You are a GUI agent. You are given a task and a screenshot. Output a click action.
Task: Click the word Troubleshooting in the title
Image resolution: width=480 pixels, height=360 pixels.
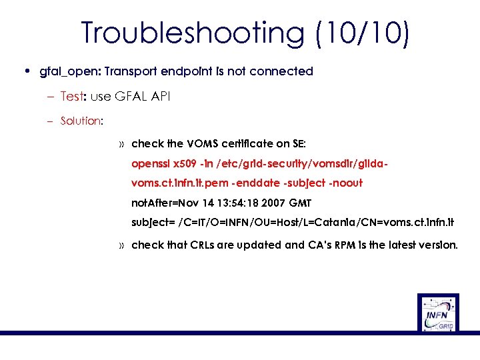[x=191, y=33]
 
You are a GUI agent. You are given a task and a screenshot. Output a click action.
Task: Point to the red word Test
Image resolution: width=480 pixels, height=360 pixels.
[x=71, y=97]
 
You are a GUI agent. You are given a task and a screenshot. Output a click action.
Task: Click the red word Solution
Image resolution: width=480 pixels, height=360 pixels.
[x=80, y=121]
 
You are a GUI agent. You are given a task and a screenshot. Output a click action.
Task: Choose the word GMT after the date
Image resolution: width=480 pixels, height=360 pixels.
[x=298, y=203]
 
